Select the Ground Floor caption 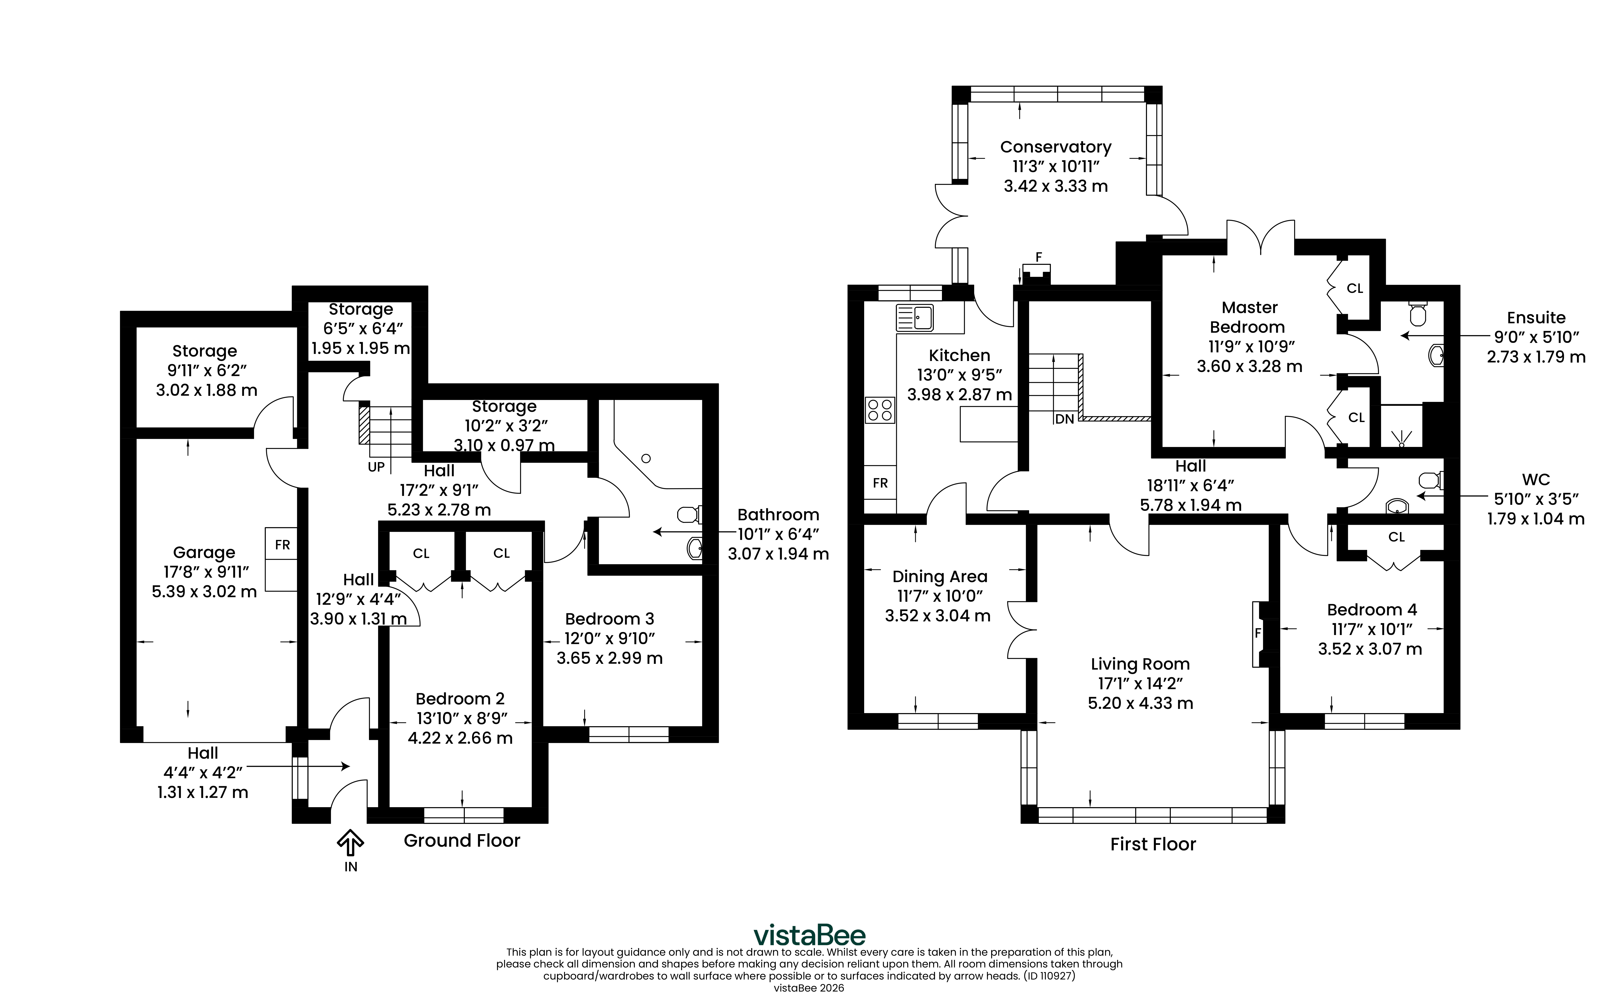pos(462,841)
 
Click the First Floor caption pos(1153,844)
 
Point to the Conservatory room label pos(1056,147)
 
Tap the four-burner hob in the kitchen pos(880,409)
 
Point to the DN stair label pos(1065,419)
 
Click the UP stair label pos(376,467)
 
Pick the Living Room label pos(1140,664)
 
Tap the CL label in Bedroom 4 pos(1396,537)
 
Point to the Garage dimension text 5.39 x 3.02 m pos(205,591)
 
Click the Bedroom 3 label pos(609,619)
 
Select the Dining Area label pos(940,577)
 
